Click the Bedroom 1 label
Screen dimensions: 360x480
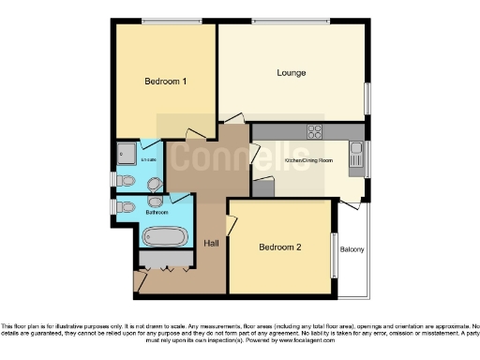click(165, 82)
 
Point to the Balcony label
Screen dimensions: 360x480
click(352, 249)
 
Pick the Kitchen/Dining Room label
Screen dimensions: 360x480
click(308, 160)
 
